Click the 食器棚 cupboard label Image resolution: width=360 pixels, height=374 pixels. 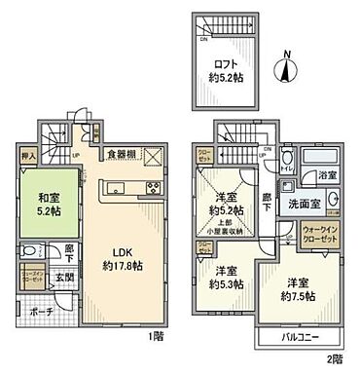(x=121, y=153)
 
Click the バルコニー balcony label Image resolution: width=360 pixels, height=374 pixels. (x=297, y=340)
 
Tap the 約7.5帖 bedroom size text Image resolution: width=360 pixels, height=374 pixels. (x=296, y=293)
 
